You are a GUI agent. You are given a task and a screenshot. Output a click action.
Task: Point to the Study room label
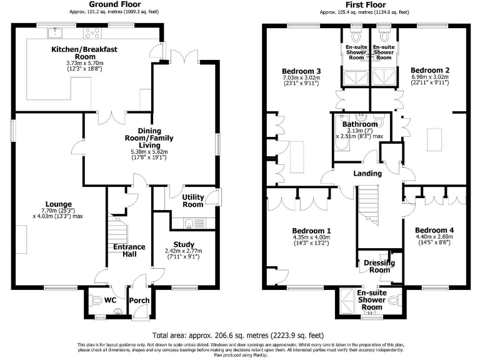point(184,244)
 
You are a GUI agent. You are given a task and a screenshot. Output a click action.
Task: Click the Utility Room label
point(192,201)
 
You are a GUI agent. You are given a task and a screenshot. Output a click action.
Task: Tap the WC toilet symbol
point(96,302)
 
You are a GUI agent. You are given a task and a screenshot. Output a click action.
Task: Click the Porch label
point(139,301)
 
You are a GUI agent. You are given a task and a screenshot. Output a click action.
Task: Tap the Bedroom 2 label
point(430,70)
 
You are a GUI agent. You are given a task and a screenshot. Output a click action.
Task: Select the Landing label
point(367,173)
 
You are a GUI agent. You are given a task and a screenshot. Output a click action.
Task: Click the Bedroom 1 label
point(311,231)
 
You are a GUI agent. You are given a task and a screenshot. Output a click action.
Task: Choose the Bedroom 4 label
point(434,230)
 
